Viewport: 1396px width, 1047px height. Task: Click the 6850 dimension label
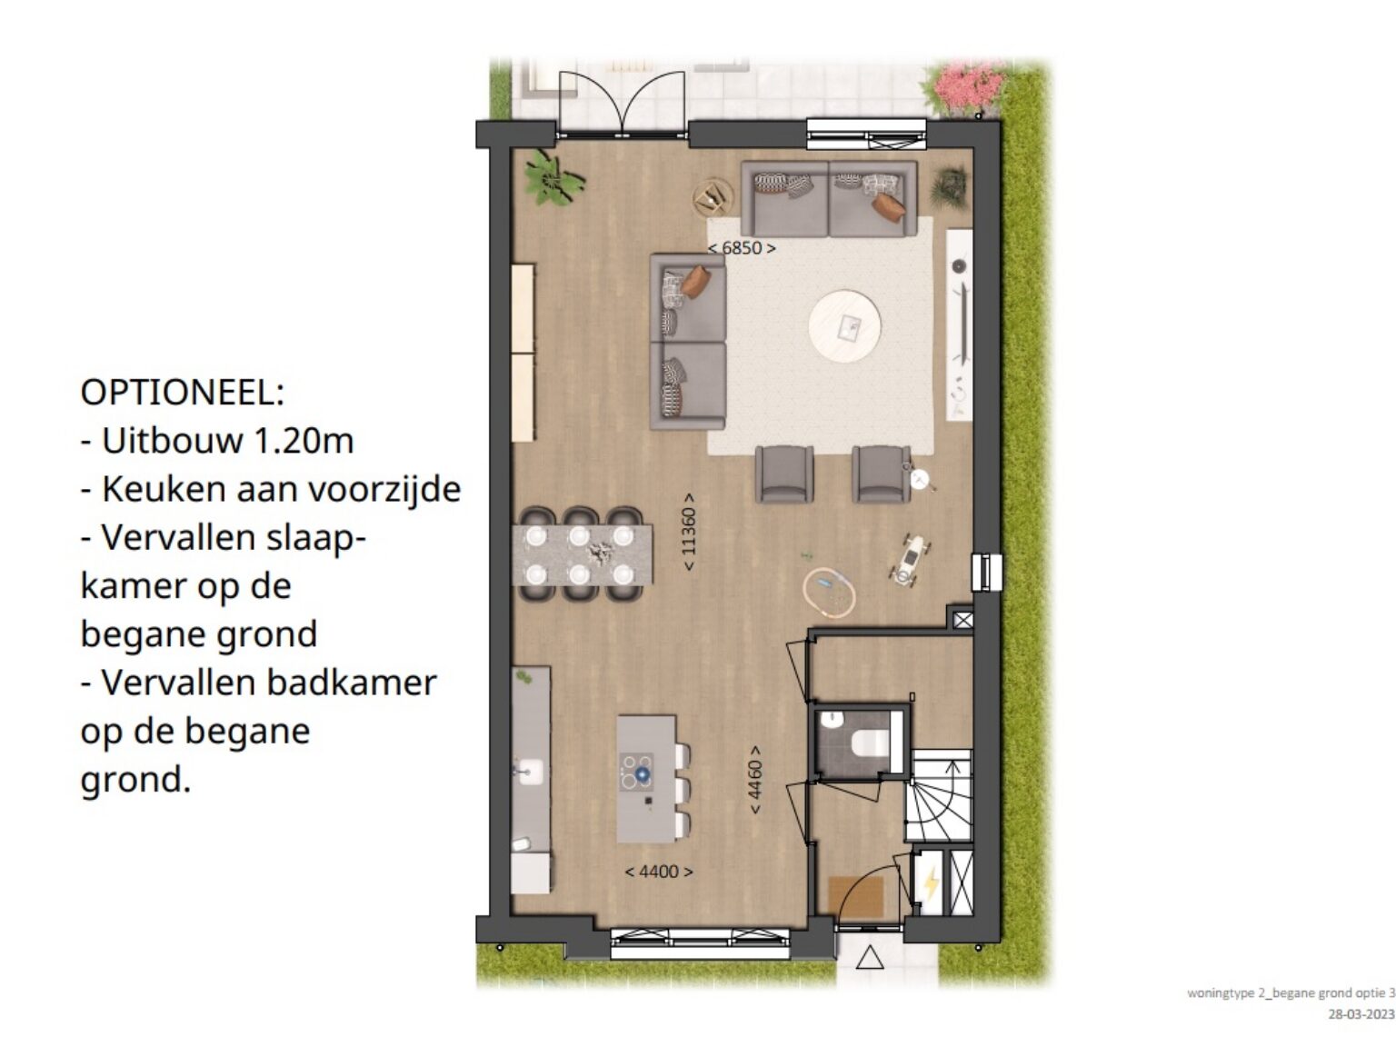(x=742, y=248)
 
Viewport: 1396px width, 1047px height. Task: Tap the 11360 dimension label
(x=689, y=532)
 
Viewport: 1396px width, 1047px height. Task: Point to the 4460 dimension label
(x=755, y=780)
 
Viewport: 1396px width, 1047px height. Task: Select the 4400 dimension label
(x=659, y=872)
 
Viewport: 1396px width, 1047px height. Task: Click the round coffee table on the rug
(x=844, y=327)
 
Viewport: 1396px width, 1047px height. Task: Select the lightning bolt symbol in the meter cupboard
(x=932, y=882)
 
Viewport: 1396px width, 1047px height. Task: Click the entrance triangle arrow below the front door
(x=869, y=958)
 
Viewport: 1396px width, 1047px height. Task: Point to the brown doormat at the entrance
(x=856, y=896)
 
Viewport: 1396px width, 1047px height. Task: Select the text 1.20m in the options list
(x=304, y=440)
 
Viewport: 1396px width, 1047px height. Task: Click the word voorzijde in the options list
(x=388, y=490)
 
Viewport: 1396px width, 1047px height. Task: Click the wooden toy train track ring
(x=829, y=593)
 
